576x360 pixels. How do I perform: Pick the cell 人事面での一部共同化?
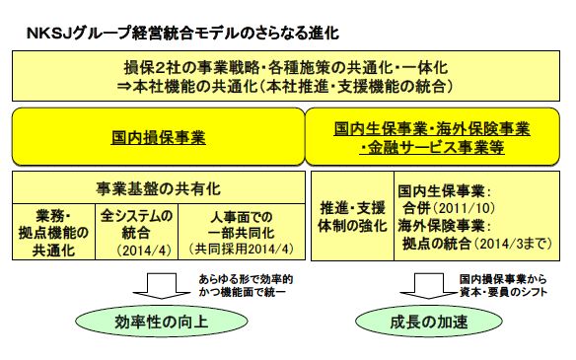coord(234,223)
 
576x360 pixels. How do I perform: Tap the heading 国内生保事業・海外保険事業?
coord(432,129)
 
